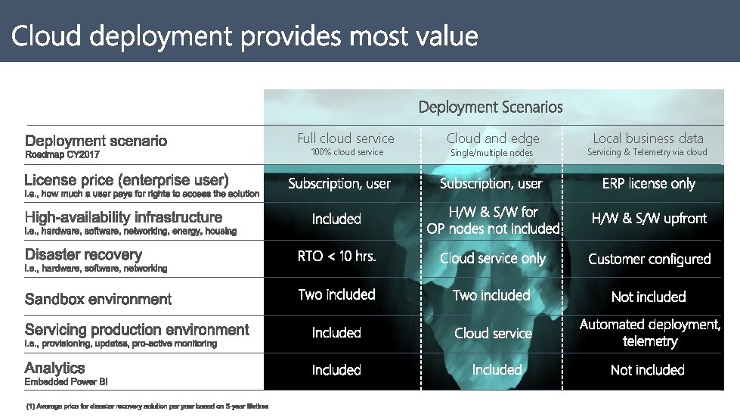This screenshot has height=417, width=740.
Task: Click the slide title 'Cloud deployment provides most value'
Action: pyautogui.click(x=244, y=36)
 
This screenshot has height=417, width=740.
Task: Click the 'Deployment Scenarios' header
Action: pyautogui.click(x=491, y=107)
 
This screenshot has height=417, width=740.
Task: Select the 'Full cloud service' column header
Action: pyautogui.click(x=346, y=138)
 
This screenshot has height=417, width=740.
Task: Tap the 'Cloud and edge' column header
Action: pyautogui.click(x=493, y=138)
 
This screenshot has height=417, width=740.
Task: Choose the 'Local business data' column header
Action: pyautogui.click(x=648, y=138)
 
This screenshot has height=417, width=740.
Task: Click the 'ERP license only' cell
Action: pyautogui.click(x=649, y=183)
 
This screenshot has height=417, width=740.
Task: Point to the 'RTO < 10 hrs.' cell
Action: pyautogui.click(x=336, y=256)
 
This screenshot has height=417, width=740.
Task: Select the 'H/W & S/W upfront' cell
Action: pyautogui.click(x=649, y=218)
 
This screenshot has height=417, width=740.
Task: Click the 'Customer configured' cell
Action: pyautogui.click(x=649, y=259)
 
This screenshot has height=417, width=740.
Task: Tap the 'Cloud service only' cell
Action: pyautogui.click(x=493, y=258)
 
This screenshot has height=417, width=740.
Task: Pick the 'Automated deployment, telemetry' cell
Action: pyautogui.click(x=650, y=332)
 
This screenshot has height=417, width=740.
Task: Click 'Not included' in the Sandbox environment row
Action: pyautogui.click(x=649, y=297)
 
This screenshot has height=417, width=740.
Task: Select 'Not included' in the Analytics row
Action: pyautogui.click(x=648, y=370)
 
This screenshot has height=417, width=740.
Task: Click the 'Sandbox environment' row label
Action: pyautogui.click(x=98, y=299)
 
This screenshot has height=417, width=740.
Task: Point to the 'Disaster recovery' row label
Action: pyautogui.click(x=84, y=254)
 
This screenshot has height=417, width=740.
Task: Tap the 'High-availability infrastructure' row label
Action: pyautogui.click(x=124, y=217)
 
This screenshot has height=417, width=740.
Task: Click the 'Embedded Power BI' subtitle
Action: pyautogui.click(x=66, y=381)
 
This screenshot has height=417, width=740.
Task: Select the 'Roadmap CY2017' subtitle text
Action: pyautogui.click(x=62, y=154)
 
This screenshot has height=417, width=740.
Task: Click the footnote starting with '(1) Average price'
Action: pyautogui.click(x=147, y=406)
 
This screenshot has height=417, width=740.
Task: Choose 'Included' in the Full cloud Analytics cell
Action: pyautogui.click(x=336, y=370)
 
